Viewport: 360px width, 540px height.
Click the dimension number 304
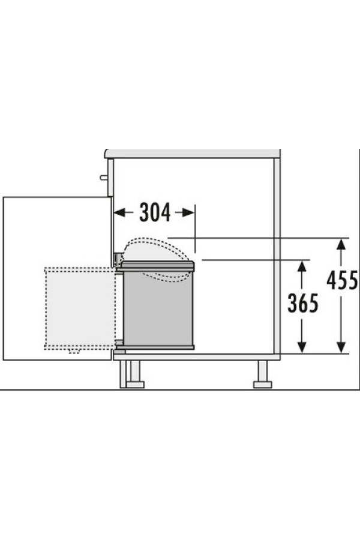155,212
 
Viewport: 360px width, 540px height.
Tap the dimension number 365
303,303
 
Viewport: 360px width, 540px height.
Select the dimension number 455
342,280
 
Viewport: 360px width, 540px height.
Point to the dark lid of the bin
155,266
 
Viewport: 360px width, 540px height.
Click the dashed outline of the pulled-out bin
46,309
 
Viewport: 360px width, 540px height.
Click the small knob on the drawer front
103,178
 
